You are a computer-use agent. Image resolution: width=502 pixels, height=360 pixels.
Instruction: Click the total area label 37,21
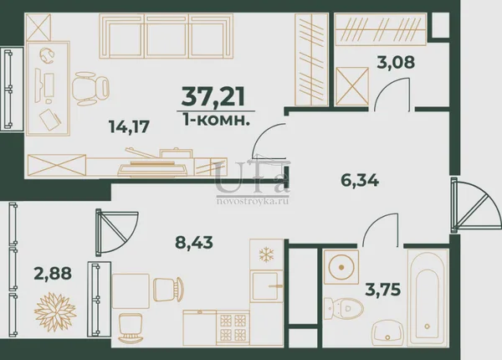pos(213,96)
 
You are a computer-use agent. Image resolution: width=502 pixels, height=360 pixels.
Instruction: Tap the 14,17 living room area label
pos(130,126)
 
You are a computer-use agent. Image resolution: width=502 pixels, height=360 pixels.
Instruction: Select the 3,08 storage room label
pos(396,62)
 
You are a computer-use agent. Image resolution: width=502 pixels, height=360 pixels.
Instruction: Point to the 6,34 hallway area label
pos(360,180)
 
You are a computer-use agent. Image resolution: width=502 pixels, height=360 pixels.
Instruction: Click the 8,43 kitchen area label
pos(194,242)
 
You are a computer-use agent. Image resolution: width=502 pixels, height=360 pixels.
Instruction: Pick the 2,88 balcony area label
pos(53,273)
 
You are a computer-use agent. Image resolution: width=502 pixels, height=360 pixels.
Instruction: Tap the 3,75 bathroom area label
pos(383,290)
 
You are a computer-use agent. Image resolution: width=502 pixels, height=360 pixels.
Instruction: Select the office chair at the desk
pos(91,88)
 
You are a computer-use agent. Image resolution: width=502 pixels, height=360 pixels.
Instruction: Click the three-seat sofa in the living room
pos(166,36)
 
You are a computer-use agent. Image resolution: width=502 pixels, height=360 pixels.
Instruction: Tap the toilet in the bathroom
pos(344,308)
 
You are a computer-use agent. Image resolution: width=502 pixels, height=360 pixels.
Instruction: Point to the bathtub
pos(428,298)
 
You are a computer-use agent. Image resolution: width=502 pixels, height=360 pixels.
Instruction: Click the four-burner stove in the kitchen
pos(233,327)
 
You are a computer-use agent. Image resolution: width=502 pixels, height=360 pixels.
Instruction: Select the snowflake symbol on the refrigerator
pos(266,255)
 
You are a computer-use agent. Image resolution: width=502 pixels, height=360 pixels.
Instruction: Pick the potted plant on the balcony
pos(55,311)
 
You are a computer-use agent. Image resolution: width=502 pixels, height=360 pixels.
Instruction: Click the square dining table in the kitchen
pos(131,291)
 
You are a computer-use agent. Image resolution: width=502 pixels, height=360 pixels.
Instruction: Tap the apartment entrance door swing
pos(475,204)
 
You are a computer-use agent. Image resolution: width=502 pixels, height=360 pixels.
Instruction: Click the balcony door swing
pos(117,232)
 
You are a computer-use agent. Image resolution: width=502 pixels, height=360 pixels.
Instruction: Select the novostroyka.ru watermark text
pos(253,201)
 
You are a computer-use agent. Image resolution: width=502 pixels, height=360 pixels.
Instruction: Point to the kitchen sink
pos(266,286)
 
